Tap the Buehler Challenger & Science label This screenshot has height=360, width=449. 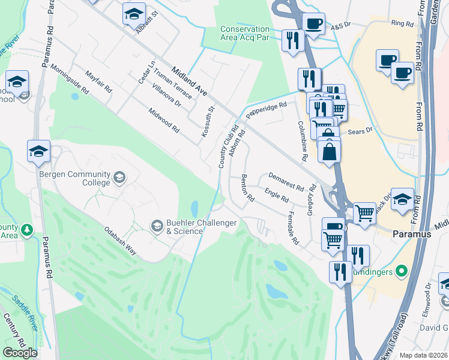pyautogui.click(x=196, y=226)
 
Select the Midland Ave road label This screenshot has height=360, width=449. pyautogui.click(x=189, y=81)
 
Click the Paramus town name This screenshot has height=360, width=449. pyautogui.click(x=412, y=234)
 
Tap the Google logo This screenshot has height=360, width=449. pyautogui.click(x=20, y=353)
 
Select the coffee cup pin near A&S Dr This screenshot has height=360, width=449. pyautogui.click(x=313, y=23)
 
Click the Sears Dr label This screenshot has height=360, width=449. pyautogui.click(x=361, y=129)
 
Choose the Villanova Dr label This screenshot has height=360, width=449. pyautogui.click(x=166, y=95)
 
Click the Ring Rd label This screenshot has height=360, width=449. pyautogui.click(x=402, y=23)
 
